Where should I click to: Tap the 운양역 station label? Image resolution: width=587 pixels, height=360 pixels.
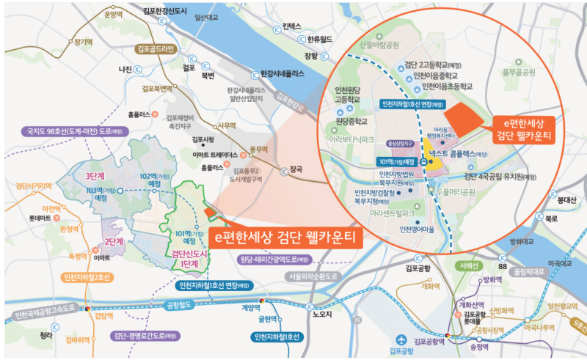point(113,14)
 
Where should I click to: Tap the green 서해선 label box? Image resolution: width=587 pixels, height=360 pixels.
point(466,265)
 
